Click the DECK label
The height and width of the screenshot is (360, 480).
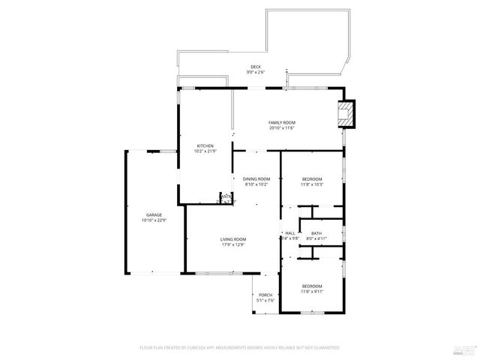click(256, 67)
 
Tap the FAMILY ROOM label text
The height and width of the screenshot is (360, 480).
click(282, 122)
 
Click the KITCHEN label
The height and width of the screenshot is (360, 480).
click(205, 145)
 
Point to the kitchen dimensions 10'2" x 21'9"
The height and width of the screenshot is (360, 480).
click(205, 151)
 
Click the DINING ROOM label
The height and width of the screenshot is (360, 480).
click(256, 178)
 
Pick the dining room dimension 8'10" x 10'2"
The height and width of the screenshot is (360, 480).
click(256, 184)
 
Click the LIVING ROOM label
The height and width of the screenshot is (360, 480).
click(233, 239)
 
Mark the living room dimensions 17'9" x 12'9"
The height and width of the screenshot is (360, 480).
click(233, 245)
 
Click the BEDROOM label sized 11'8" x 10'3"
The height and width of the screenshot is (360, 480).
click(312, 178)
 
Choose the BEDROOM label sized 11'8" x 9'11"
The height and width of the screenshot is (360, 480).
click(312, 286)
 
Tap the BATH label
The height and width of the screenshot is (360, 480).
click(316, 233)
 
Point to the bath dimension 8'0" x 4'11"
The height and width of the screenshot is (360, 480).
click(316, 239)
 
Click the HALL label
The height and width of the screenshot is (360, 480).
click(289, 233)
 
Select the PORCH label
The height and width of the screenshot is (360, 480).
click(265, 295)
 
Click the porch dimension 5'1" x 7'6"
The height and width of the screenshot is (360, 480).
click(265, 301)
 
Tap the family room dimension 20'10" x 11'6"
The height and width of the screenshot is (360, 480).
click(282, 128)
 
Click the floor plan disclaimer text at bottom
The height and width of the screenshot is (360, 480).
click(240, 348)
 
